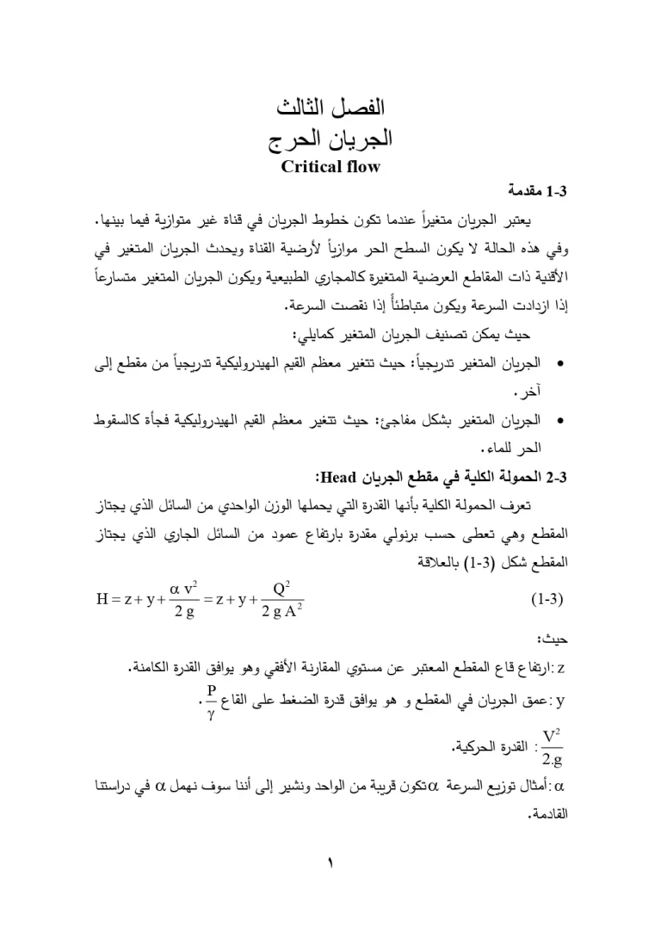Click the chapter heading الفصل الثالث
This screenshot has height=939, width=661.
click(x=330, y=109)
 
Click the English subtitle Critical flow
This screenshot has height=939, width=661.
click(x=330, y=166)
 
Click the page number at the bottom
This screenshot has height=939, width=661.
click(x=330, y=861)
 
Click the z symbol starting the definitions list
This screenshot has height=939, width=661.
click(x=560, y=668)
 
